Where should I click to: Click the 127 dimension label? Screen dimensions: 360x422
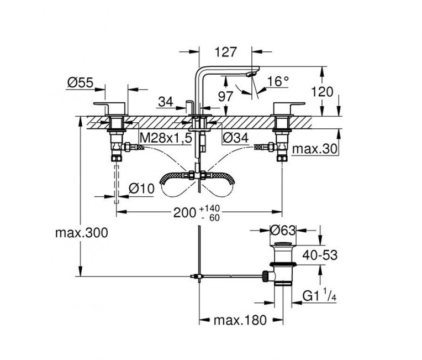pyautogui.click(x=225, y=53)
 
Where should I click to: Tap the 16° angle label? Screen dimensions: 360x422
pyautogui.click(x=278, y=81)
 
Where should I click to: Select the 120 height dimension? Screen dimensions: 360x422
pyautogui.click(x=323, y=92)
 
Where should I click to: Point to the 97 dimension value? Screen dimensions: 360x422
pyautogui.click(x=225, y=96)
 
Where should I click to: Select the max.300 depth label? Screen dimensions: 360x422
pyautogui.click(x=81, y=232)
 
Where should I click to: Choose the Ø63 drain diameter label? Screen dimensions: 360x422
pyautogui.click(x=283, y=229)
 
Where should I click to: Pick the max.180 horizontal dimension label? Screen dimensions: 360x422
pyautogui.click(x=241, y=320)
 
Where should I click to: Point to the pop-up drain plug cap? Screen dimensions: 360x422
pyautogui.click(x=283, y=245)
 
